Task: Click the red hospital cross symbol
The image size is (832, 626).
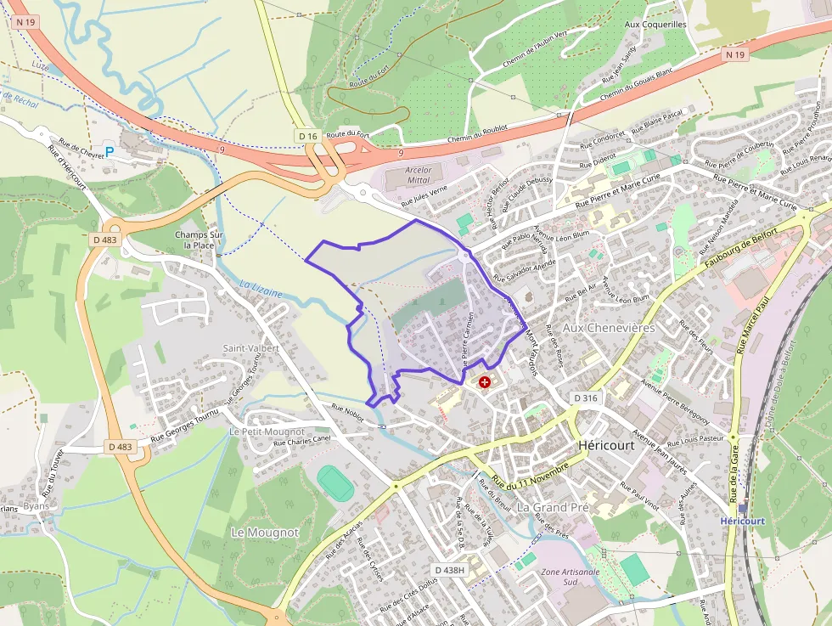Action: tap(485, 382)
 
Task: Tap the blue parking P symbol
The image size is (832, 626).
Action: tap(109, 152)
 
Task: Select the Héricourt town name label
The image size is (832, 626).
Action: tap(605, 445)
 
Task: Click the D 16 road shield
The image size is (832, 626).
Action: tap(307, 136)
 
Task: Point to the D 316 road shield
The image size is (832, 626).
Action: tap(586, 398)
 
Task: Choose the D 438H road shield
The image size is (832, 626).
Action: tap(449, 569)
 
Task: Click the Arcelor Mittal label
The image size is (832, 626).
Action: tap(418, 175)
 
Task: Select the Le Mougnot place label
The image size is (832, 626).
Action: tap(265, 532)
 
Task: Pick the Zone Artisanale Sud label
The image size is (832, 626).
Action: tap(570, 577)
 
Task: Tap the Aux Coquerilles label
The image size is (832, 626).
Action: tap(655, 25)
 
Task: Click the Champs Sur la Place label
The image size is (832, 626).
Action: tap(199, 240)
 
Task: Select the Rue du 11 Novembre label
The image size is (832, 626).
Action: tap(528, 477)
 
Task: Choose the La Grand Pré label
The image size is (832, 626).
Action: tap(553, 507)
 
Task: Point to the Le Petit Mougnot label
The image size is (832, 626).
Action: tap(267, 431)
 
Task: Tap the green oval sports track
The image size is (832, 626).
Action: tap(335, 482)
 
